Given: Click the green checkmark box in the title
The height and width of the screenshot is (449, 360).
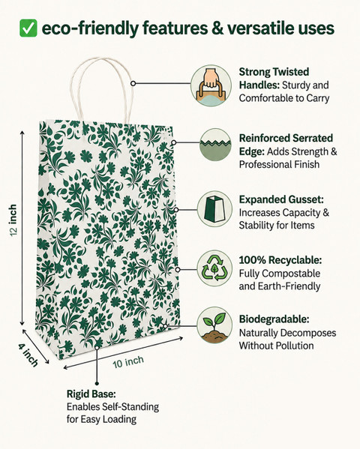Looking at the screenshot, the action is [x=28, y=28].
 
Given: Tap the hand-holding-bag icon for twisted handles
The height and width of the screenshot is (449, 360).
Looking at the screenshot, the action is [x=211, y=85].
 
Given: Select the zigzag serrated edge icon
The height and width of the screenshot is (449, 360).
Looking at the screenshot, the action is [x=215, y=145].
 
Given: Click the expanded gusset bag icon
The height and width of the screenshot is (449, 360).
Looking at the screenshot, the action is [x=214, y=209].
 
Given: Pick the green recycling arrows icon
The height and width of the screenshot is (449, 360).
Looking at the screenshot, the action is [x=214, y=269].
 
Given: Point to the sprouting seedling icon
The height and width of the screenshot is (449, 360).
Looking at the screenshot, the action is [x=214, y=325].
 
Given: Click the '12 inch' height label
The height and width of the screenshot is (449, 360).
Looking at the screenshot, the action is [x=13, y=220].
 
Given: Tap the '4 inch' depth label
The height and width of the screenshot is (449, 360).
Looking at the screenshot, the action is [x=28, y=355].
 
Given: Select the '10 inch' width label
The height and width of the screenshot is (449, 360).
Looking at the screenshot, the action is [x=128, y=362].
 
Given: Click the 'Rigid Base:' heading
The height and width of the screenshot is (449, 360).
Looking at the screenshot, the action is [x=91, y=394].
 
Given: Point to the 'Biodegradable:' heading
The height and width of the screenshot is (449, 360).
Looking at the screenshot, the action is [x=274, y=319].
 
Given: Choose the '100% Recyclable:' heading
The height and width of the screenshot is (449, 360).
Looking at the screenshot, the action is [x=280, y=260].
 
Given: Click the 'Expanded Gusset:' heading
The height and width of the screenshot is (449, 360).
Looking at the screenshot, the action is [x=281, y=199].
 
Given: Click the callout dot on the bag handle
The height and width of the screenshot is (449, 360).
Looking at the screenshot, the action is [x=133, y=83].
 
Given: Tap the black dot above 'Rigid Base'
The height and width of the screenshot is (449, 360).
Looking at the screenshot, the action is [x=97, y=383].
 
